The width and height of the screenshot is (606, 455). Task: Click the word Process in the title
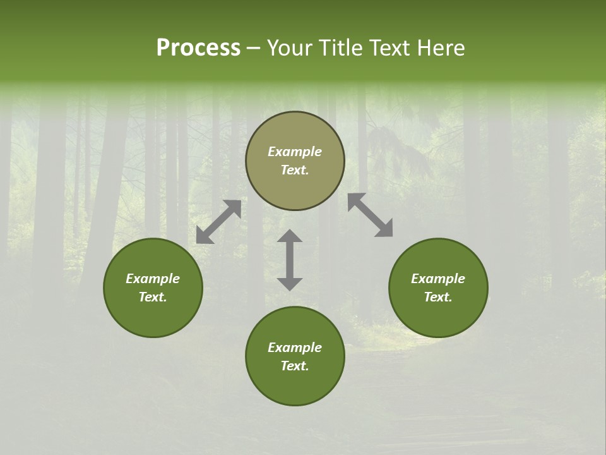(x=198, y=48)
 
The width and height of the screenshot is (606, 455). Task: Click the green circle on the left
(x=153, y=310)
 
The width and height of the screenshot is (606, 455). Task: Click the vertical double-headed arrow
(x=290, y=260)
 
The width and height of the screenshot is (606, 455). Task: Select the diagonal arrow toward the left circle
(x=218, y=222)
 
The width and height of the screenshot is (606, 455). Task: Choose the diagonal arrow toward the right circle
(x=370, y=215)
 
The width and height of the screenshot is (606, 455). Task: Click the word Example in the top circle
(x=295, y=152)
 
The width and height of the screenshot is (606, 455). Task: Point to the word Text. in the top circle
(x=295, y=171)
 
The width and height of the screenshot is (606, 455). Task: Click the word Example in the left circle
(x=153, y=279)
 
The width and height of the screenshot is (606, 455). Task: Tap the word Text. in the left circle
(x=153, y=297)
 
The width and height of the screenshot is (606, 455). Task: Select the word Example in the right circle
(x=438, y=279)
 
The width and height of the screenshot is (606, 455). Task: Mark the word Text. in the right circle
(x=438, y=297)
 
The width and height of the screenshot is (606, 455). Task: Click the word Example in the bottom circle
(x=295, y=348)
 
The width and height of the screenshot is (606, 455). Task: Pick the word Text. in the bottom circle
(x=295, y=366)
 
